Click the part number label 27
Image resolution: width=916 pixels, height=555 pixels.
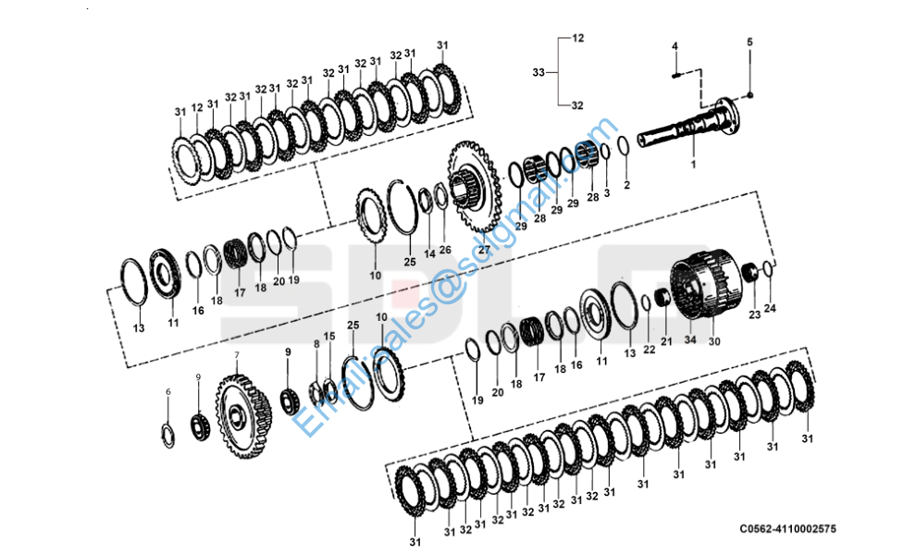point(484,250)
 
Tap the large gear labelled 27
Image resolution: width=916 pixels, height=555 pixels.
point(476,190)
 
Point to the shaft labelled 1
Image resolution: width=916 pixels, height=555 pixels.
point(689,130)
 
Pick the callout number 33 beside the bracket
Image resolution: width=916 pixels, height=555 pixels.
point(539,71)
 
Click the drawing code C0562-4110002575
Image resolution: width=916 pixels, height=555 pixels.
point(788,529)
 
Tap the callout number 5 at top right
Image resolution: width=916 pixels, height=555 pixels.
point(749,43)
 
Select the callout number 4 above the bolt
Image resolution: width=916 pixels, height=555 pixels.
point(675,46)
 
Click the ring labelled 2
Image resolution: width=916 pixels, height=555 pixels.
point(624,145)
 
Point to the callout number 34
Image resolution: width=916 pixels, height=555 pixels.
point(689,339)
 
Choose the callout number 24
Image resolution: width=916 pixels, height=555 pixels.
point(770,308)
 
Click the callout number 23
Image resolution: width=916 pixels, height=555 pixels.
point(755,314)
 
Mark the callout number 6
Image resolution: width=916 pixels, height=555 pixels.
point(167,392)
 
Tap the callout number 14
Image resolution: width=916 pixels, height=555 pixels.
point(429,253)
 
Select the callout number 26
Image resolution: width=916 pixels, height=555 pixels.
point(445,250)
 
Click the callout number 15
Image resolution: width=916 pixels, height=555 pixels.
point(329,336)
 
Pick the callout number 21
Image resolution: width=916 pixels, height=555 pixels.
point(666,342)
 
